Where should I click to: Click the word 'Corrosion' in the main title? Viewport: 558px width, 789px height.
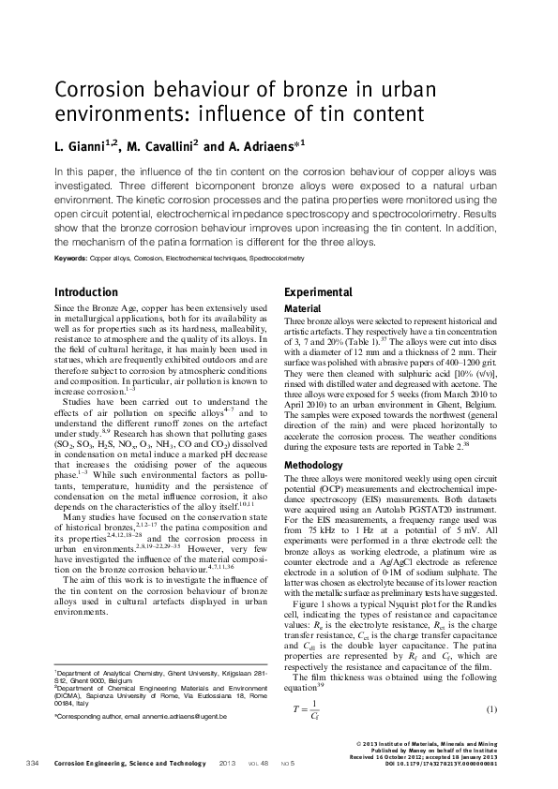pyautogui.click(x=98, y=93)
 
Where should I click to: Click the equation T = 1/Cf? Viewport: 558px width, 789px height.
pyautogui.click(x=300, y=681)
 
